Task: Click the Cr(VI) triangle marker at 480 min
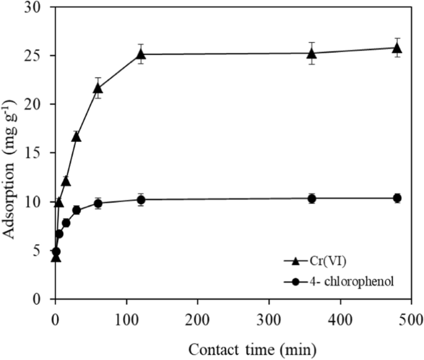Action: tap(397, 48)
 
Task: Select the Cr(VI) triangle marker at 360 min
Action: tap(312, 53)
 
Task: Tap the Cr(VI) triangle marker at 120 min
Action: tap(141, 54)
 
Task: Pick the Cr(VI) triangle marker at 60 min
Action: tap(98, 88)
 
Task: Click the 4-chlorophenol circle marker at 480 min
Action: tap(397, 198)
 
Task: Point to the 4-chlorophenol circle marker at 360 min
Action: tap(312, 199)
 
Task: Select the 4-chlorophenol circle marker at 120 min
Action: tap(141, 200)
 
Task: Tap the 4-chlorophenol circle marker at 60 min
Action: tap(98, 203)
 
